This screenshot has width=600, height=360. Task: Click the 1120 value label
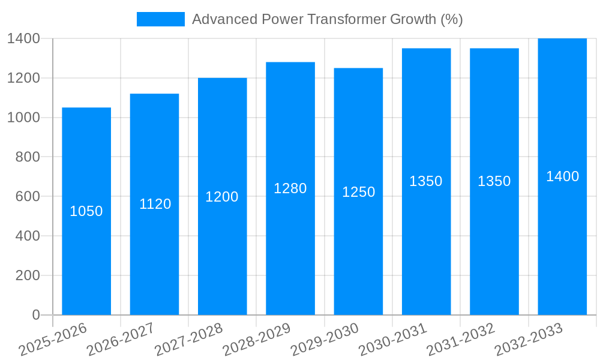(155, 204)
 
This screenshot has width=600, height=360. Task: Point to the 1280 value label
(290, 188)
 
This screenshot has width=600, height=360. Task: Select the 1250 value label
(358, 192)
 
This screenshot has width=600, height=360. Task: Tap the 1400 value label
(562, 176)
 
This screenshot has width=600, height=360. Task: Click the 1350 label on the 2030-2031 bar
(426, 181)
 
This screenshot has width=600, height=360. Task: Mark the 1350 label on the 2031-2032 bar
(494, 181)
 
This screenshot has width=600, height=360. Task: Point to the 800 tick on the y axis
(23, 157)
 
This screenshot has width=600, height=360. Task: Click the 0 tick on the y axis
(36, 315)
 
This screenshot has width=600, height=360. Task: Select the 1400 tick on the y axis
(23, 38)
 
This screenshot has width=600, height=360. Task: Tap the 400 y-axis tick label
(23, 236)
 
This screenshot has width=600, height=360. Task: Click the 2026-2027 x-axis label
(121, 339)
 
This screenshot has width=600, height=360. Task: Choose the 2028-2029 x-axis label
(257, 339)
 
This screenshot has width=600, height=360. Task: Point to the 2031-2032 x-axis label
(461, 339)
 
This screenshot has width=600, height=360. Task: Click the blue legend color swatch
(160, 19)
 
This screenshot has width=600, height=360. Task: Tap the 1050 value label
(86, 211)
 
